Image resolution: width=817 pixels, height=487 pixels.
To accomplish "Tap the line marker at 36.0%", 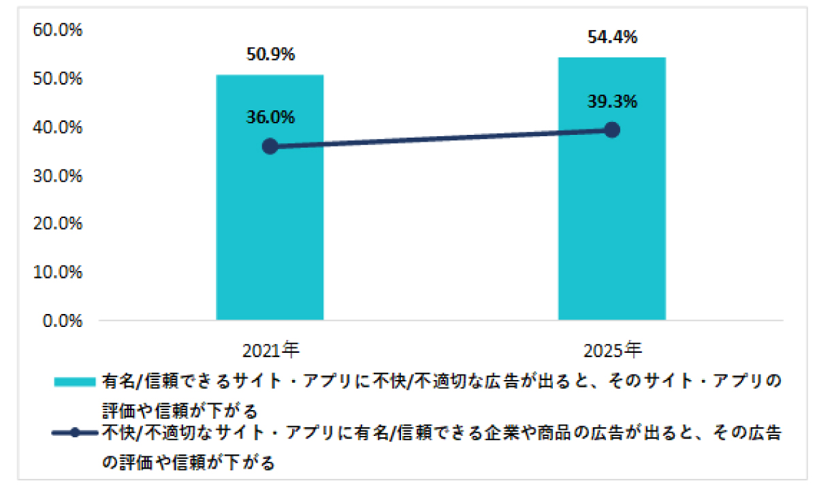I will pos(270,146).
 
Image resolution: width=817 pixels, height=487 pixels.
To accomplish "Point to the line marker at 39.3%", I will pos(611,130).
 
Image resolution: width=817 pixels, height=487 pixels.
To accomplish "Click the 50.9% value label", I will pos(270,55).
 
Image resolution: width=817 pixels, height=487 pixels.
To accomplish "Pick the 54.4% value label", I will pos(611,38).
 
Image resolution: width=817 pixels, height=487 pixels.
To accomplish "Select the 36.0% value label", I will pos(270,117).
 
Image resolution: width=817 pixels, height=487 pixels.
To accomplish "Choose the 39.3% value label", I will pos(611,101).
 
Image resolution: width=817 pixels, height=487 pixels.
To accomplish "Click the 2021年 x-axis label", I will pos(270,351).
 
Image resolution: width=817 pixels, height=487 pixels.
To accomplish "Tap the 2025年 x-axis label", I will pos(612,351).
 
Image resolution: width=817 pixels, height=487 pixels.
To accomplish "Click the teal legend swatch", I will pos(76,382).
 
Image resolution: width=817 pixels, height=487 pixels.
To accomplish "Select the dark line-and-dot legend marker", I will pos(76,433).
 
